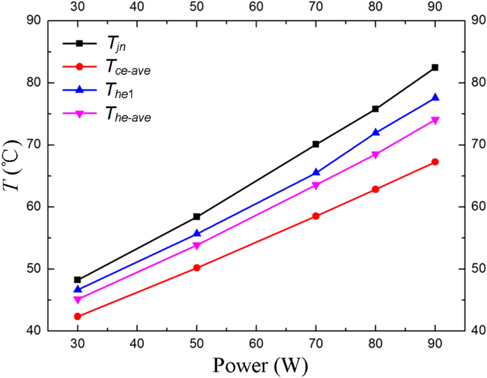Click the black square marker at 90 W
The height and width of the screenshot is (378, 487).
435,68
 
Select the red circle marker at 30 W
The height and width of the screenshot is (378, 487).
77,316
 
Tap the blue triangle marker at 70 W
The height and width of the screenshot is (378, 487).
315,172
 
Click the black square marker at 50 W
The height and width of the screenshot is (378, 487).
197,217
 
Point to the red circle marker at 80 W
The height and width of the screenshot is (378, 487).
375,190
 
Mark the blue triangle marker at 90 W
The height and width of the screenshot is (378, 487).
435,97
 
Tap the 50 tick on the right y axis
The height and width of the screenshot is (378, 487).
474,269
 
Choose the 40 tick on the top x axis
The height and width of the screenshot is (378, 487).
137,8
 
